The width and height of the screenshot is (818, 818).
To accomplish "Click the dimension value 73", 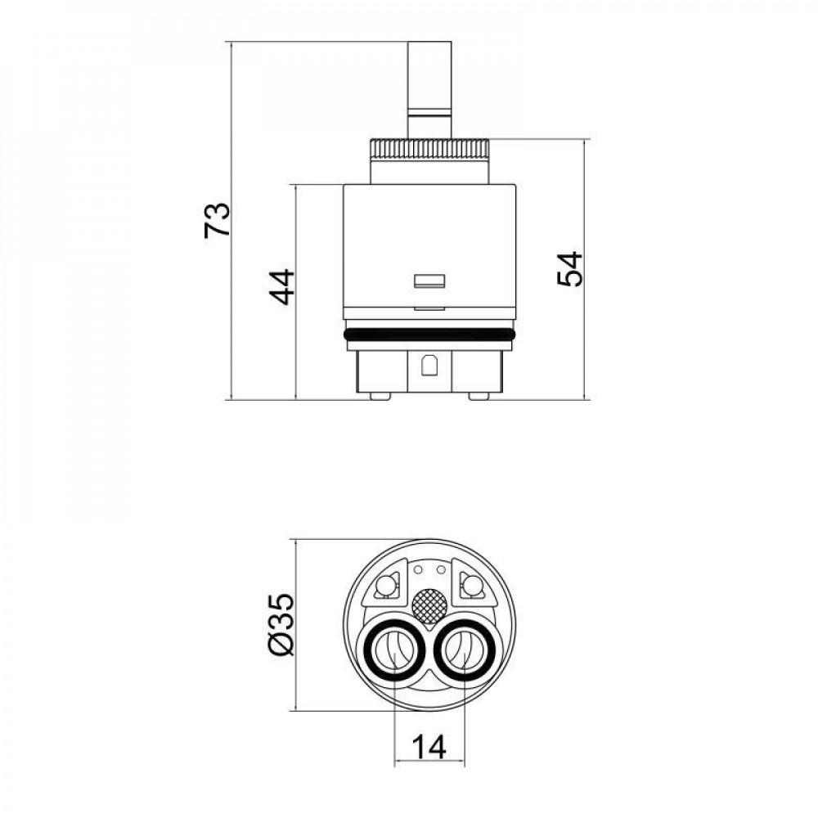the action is (x=217, y=219).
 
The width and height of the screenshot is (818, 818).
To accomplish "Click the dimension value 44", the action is (x=281, y=286).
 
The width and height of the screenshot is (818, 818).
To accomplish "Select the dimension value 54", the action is (x=569, y=268).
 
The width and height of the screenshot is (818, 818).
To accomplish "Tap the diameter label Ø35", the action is (x=281, y=624).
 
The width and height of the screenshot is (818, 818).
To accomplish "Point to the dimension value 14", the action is (x=429, y=747).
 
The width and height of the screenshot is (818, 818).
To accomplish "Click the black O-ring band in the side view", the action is (x=430, y=335).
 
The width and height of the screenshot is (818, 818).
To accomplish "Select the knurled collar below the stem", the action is (x=429, y=150).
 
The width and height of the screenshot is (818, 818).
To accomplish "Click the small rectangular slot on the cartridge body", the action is (x=429, y=281).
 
